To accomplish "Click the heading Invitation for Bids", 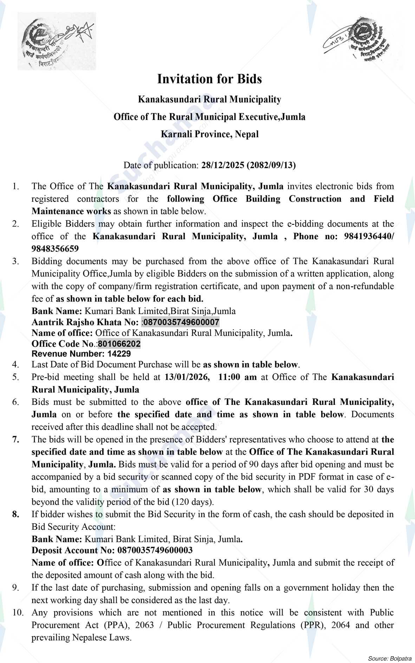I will (209, 79).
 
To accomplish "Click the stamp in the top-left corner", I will (56, 41).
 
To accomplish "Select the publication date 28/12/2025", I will (223, 165).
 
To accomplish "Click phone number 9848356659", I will (55, 249).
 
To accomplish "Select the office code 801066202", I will (119, 344).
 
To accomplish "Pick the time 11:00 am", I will (238, 377).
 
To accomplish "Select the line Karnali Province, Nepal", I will (209, 134).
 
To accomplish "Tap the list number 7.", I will (16, 439).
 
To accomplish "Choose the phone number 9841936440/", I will (367, 236).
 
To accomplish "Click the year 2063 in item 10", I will (144, 625).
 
